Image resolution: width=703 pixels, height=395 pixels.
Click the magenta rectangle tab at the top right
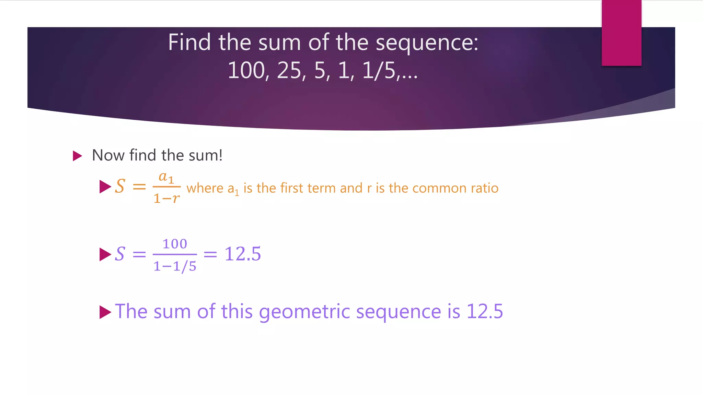pos(621,33)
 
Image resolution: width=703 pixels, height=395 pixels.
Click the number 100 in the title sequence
pos(246,71)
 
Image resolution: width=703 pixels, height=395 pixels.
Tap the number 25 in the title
pos(289,71)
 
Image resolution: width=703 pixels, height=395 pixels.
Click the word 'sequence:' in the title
pos(427,43)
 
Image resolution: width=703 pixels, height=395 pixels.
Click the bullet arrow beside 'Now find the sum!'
pos(78,156)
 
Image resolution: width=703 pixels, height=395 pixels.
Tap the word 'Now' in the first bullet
pos(108,155)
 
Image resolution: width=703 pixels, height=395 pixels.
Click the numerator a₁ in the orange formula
pos(166,178)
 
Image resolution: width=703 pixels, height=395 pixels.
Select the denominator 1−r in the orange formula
pos(166,198)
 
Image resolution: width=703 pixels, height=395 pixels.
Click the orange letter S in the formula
pos(120,187)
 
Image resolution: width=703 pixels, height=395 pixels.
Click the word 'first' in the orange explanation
pos(292,188)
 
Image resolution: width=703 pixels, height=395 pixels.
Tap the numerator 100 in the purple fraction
pos(175,244)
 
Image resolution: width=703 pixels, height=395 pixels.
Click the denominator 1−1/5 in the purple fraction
pos(175,266)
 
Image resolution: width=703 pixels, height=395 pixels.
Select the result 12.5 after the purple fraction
pos(243,254)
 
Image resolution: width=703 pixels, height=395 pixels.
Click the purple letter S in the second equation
pos(120,254)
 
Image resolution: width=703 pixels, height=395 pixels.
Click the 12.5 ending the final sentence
pos(485,311)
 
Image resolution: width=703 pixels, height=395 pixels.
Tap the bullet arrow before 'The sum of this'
pos(105,312)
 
